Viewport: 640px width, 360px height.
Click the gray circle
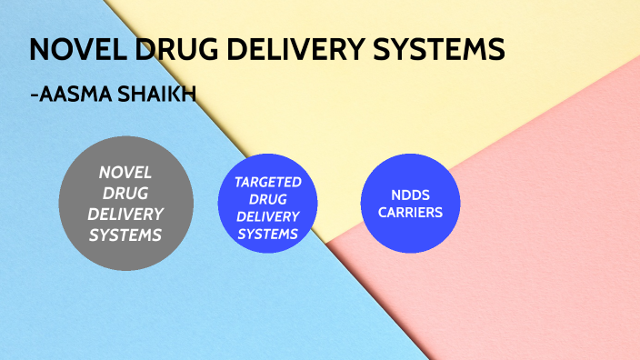coord(125,202)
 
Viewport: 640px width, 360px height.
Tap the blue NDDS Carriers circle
coord(412,205)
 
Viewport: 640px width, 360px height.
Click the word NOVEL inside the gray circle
coord(125,171)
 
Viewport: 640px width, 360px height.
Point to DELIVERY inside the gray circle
coord(125,214)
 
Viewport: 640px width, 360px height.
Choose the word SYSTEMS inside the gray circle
coord(125,235)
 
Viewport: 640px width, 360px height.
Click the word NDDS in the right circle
coord(412,195)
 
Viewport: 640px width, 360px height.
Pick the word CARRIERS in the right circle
coord(412,213)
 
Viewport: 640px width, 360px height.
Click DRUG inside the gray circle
coord(125,193)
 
